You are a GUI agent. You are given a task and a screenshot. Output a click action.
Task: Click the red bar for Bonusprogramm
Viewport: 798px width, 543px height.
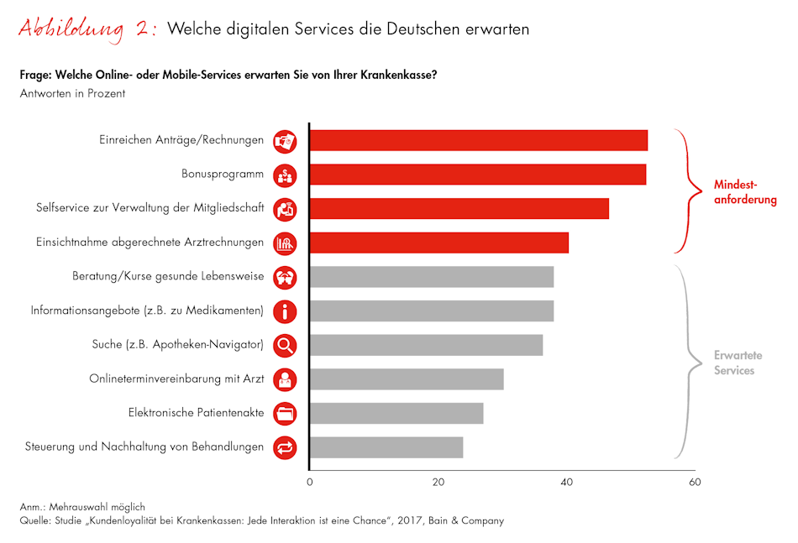click(x=477, y=175)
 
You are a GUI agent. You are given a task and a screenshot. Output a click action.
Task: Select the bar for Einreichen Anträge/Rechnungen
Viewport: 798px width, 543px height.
click(x=478, y=141)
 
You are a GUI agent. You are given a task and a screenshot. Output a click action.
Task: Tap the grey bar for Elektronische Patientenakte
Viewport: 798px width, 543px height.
click(x=396, y=413)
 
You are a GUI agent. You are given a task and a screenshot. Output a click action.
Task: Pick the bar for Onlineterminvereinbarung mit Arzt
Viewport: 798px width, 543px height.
click(x=407, y=379)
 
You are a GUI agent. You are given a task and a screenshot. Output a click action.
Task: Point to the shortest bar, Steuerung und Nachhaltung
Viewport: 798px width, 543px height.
click(x=386, y=447)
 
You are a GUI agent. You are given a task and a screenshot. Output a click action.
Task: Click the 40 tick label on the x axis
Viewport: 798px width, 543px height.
click(x=567, y=483)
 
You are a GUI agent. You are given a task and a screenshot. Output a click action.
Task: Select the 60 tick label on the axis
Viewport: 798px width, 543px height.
click(x=695, y=483)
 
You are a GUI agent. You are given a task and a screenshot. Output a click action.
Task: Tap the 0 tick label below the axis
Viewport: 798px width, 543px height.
click(x=309, y=483)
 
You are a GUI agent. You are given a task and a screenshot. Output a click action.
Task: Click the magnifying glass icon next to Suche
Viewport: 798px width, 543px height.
click(x=286, y=345)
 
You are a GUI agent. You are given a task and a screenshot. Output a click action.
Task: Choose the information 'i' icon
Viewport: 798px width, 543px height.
click(x=286, y=311)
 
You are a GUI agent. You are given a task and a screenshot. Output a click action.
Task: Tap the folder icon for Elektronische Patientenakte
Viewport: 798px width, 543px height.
click(x=286, y=413)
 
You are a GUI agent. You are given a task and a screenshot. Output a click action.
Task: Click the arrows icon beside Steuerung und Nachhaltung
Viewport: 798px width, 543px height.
click(x=286, y=447)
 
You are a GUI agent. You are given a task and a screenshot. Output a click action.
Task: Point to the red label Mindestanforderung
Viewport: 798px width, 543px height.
click(x=744, y=192)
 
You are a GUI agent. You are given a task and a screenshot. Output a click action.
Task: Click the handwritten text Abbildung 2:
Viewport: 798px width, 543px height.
click(x=87, y=29)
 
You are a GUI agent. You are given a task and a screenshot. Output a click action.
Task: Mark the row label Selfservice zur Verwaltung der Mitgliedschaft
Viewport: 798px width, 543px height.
click(x=150, y=208)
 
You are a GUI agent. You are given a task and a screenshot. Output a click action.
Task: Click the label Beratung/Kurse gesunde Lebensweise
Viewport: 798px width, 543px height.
click(x=168, y=276)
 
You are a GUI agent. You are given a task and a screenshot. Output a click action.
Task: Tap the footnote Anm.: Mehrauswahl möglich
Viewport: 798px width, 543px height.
click(x=82, y=507)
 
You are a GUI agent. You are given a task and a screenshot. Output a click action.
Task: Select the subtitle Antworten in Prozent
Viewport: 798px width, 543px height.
click(x=72, y=93)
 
